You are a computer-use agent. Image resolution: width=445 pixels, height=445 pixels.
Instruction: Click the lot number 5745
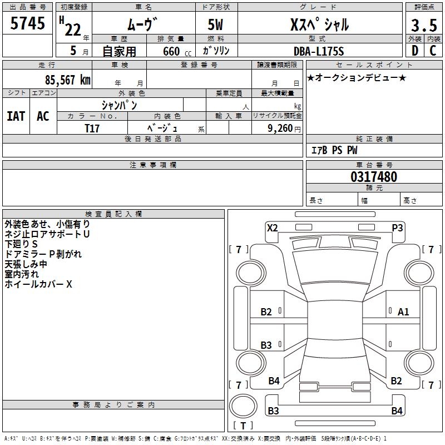(27, 23)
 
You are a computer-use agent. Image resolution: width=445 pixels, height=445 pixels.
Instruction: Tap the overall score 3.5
(424, 25)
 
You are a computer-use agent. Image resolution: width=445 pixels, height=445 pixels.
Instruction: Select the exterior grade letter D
(415, 51)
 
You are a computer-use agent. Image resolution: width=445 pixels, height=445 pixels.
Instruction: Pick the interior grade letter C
(433, 51)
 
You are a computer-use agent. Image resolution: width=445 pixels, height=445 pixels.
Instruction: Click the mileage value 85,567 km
(68, 80)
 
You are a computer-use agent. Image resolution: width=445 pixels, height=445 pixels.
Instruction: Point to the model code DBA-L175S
(319, 51)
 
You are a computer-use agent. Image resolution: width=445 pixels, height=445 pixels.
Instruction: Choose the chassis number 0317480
(374, 177)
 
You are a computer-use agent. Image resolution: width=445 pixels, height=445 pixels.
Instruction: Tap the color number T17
(92, 128)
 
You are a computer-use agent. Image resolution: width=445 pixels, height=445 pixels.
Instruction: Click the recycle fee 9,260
(280, 128)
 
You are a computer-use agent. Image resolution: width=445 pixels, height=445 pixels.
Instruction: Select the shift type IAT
(16, 116)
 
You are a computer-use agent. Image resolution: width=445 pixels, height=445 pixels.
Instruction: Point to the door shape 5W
(215, 24)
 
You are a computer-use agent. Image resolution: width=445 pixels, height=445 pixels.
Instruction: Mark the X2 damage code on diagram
(273, 228)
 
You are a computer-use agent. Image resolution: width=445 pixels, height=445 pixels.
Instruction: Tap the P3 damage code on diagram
(397, 228)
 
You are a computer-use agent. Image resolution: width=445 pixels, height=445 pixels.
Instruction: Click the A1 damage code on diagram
(403, 312)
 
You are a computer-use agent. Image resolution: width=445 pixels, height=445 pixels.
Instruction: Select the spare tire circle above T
(243, 406)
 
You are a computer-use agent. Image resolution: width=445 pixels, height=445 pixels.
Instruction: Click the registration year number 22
(73, 30)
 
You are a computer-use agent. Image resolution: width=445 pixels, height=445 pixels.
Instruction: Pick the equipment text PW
(352, 150)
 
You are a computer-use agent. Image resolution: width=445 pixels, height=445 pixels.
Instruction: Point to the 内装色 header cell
(167, 116)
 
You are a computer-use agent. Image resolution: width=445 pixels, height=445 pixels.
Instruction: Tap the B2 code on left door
(266, 312)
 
